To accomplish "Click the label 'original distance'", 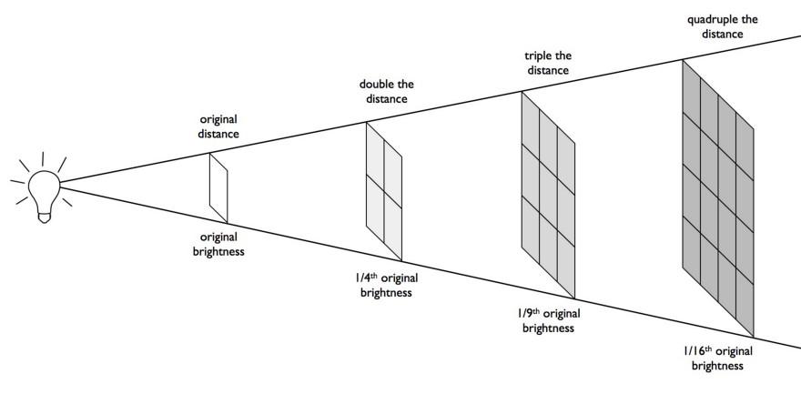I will pyautogui.click(x=218, y=126).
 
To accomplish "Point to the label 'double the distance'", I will pyautogui.click(x=387, y=92).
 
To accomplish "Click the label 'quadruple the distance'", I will pyautogui.click(x=724, y=26).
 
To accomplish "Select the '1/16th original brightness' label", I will pyautogui.click(x=718, y=358).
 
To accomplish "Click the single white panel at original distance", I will pyautogui.click(x=218, y=187).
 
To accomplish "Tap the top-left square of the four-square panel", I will pyautogui.click(x=375, y=155).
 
